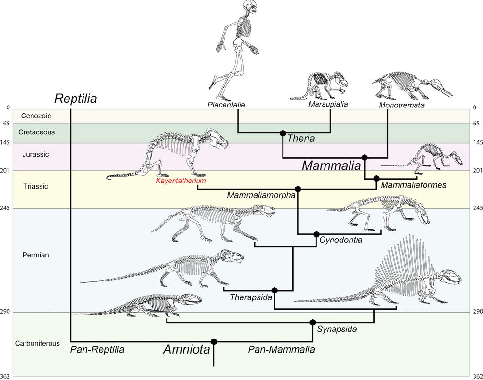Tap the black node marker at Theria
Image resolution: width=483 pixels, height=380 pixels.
(283, 133)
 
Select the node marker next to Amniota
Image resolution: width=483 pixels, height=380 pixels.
(214, 341)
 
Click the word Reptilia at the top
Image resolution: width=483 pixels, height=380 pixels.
(75, 99)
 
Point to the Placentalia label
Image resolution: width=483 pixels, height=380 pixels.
(226, 105)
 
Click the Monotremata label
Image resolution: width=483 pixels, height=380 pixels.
(401, 105)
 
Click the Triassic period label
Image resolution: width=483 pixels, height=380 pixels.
(35, 186)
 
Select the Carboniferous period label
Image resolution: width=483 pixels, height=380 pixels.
(37, 343)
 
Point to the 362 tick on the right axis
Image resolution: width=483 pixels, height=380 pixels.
(476, 376)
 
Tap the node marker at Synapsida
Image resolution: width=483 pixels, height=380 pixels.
(312, 322)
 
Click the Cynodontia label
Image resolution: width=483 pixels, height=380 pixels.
(341, 240)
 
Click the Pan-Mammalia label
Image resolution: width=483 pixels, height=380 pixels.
(282, 350)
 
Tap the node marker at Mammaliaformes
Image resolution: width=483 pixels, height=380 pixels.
(376, 178)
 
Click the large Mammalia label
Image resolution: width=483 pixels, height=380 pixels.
(332, 166)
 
